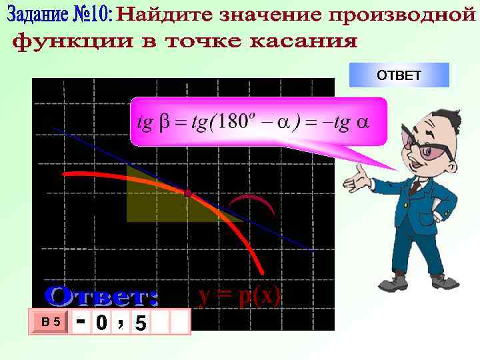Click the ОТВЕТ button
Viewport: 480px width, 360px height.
point(399,75)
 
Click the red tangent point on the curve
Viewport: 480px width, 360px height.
point(189,193)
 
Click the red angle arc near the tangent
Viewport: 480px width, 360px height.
point(251,200)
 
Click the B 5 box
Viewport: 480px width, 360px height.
point(51,322)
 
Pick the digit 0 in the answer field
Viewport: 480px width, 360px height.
point(101,323)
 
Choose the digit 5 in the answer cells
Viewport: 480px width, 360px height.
point(140,323)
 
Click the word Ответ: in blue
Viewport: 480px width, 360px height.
point(102,295)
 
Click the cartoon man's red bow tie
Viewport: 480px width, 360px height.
point(415,173)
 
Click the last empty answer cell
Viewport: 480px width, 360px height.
point(180,323)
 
